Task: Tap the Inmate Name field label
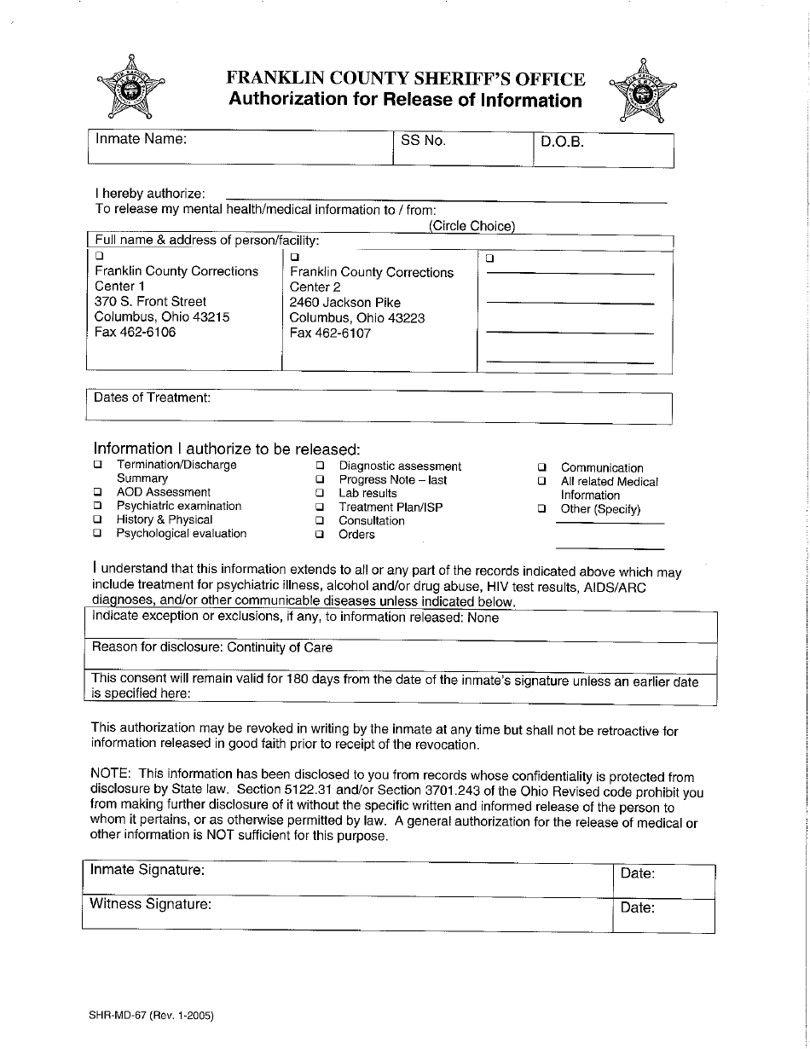pyautogui.click(x=141, y=139)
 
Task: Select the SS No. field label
pyautogui.click(x=423, y=141)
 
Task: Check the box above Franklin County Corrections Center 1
pyautogui.click(x=99, y=255)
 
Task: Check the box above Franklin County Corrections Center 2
pyautogui.click(x=295, y=257)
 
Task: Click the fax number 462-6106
pyautogui.click(x=135, y=332)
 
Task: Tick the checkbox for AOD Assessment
pyautogui.click(x=98, y=492)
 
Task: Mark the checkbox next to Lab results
pyautogui.click(x=320, y=493)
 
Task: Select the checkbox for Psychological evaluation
pyautogui.click(x=98, y=533)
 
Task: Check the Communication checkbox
pyautogui.click(x=541, y=467)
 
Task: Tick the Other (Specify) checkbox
pyautogui.click(x=541, y=508)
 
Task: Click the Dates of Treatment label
pyautogui.click(x=151, y=397)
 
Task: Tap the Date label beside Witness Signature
pyautogui.click(x=637, y=907)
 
